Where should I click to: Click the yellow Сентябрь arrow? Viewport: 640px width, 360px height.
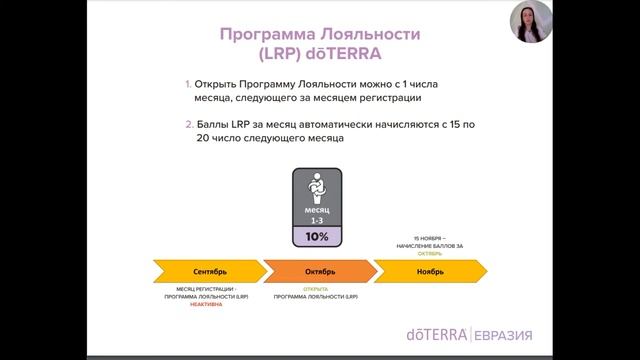point(204,271)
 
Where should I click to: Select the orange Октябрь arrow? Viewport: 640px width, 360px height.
point(320,271)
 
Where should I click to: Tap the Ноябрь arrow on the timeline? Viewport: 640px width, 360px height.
point(430,271)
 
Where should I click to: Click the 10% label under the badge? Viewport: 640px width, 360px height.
point(317,236)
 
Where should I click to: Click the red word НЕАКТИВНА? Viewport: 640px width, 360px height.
point(205,304)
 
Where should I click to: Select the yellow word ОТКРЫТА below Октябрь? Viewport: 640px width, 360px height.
point(316,290)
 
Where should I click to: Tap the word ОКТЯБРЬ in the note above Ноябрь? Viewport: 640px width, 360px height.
point(430,253)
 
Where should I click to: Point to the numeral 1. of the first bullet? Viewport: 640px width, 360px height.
point(187,85)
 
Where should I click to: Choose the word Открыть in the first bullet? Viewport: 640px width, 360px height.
point(222,85)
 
